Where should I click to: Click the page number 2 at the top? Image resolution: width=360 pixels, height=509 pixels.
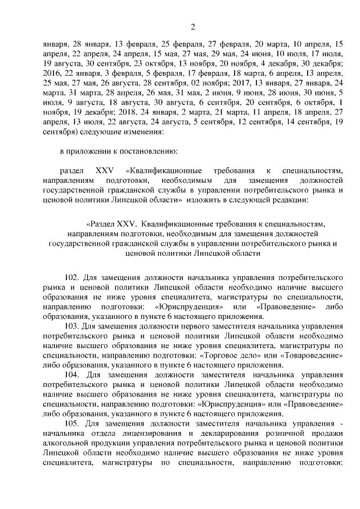pyautogui.click(x=192, y=27)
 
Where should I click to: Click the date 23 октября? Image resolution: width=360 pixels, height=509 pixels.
pyautogui.click(x=151, y=64)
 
